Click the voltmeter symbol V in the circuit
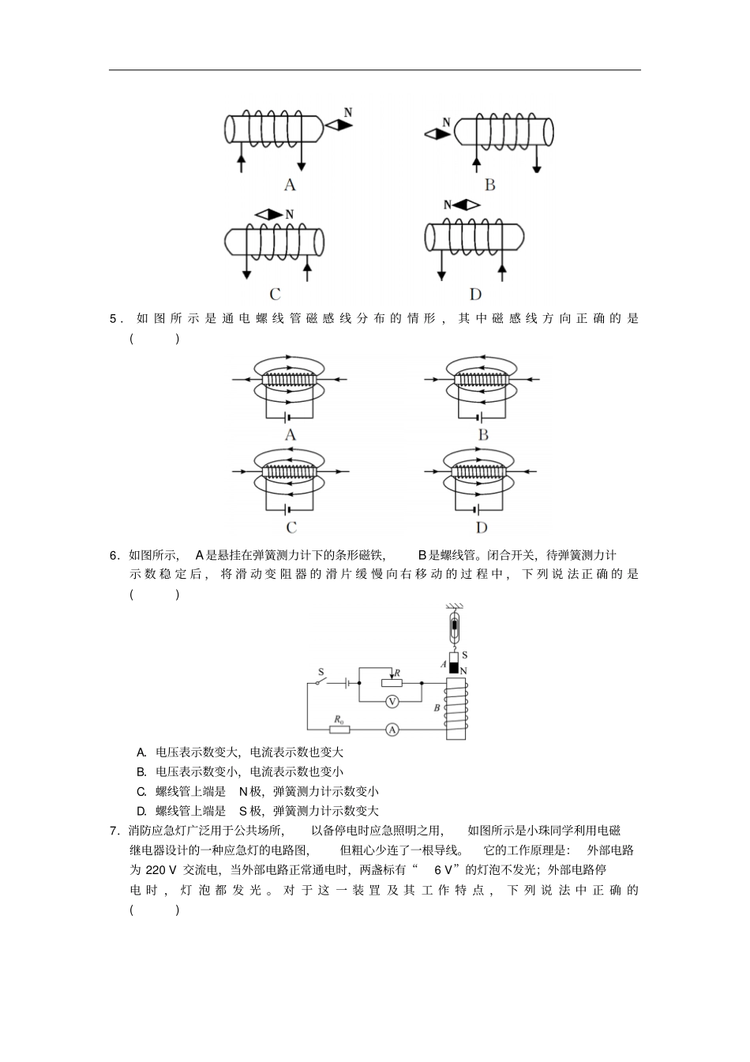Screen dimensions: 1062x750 pos(392,701)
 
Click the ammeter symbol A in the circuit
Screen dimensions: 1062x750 pos(392,730)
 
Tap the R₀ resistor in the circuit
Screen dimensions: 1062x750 pos(339,730)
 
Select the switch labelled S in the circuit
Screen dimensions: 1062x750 pos(320,681)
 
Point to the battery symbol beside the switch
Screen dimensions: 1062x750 pos(346,681)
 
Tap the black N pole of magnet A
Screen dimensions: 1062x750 pos(454,670)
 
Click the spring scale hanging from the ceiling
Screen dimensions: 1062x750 pos(454,629)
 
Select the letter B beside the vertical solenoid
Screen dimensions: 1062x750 pos(437,708)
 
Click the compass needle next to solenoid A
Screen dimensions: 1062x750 pos(337,126)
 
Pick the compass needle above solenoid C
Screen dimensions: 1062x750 pos(268,214)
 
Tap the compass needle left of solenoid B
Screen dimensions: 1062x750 pos(437,134)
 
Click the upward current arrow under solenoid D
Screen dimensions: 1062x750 pos(501,270)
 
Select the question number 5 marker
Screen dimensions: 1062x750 pos(114,320)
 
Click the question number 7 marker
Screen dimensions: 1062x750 pos(114,831)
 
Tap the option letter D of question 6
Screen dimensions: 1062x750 pos(141,811)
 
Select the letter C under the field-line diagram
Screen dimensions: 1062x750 pos(291,527)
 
